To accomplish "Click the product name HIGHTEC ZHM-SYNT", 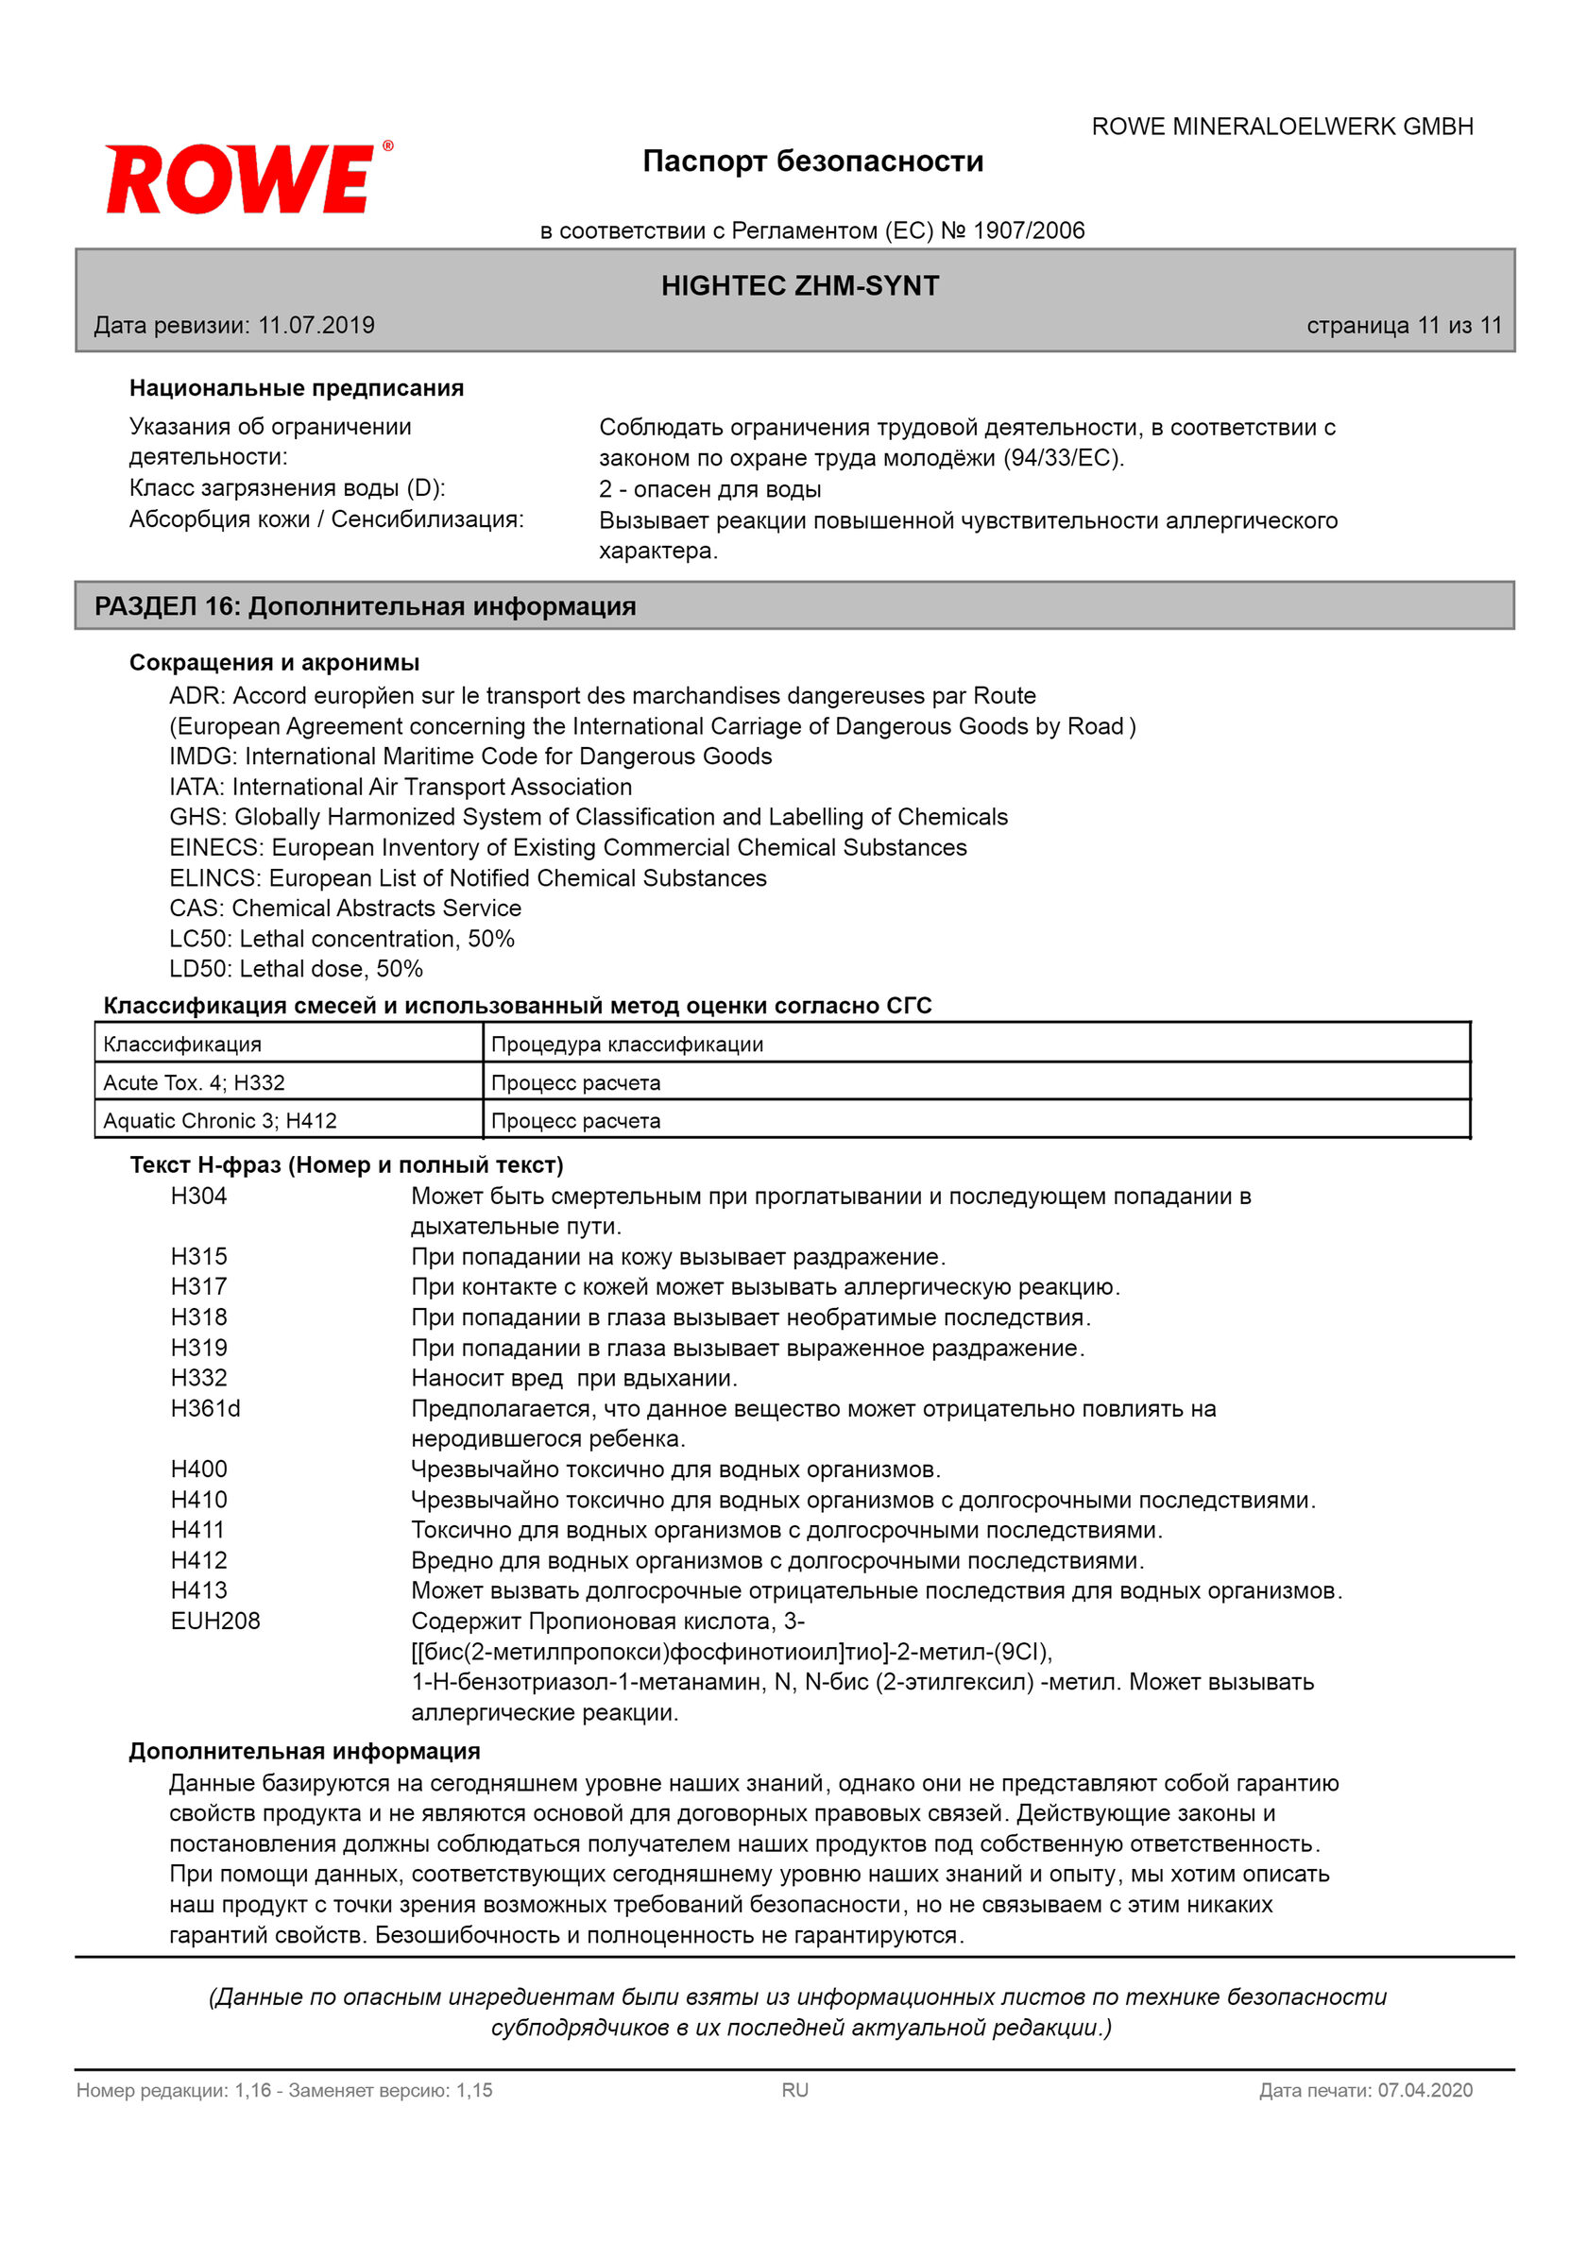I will [799, 286].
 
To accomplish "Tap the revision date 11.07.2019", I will [316, 325].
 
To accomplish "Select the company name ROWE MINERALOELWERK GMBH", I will [1281, 127].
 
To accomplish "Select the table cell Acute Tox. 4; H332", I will [194, 1082].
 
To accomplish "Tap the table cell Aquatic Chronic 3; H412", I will [220, 1120].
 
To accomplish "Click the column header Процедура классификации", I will [626, 1045].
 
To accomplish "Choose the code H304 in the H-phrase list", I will [198, 1196].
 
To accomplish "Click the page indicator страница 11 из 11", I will [1404, 325].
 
